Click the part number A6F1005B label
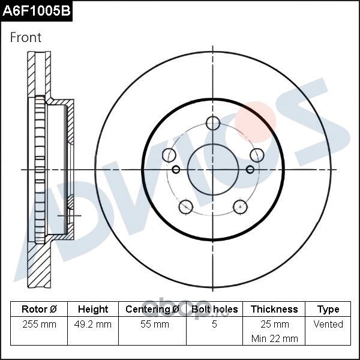[36, 11]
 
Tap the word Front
[26, 37]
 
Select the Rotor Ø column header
[39, 309]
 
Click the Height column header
[93, 309]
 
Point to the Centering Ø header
[152, 309]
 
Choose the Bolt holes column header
[214, 309]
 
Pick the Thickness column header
[274, 309]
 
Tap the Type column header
[328, 310]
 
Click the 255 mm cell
[39, 324]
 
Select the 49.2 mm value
[93, 324]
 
